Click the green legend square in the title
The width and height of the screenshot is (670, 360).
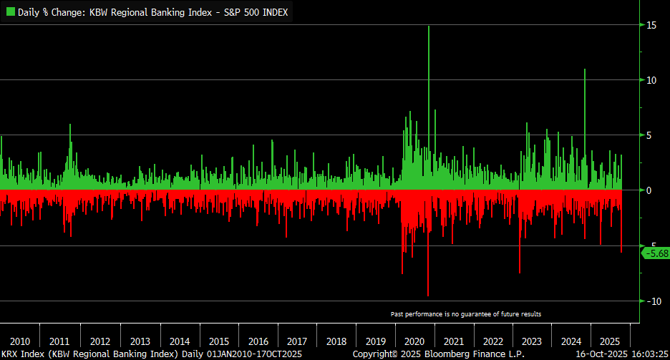10,12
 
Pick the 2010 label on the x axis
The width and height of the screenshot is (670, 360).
20,341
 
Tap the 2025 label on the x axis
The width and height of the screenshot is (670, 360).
610,341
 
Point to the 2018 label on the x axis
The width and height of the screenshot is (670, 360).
336,341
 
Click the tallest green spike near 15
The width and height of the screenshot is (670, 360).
429,29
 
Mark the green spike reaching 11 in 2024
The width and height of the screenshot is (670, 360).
585,72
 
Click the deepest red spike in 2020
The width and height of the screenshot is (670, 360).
428,293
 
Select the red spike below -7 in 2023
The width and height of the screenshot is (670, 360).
520,271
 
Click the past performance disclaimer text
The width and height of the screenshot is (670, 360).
466,314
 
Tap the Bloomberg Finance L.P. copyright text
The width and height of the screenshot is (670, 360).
439,354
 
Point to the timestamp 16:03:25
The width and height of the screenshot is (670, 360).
646,354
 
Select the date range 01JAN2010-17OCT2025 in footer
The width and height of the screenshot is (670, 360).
254,354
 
